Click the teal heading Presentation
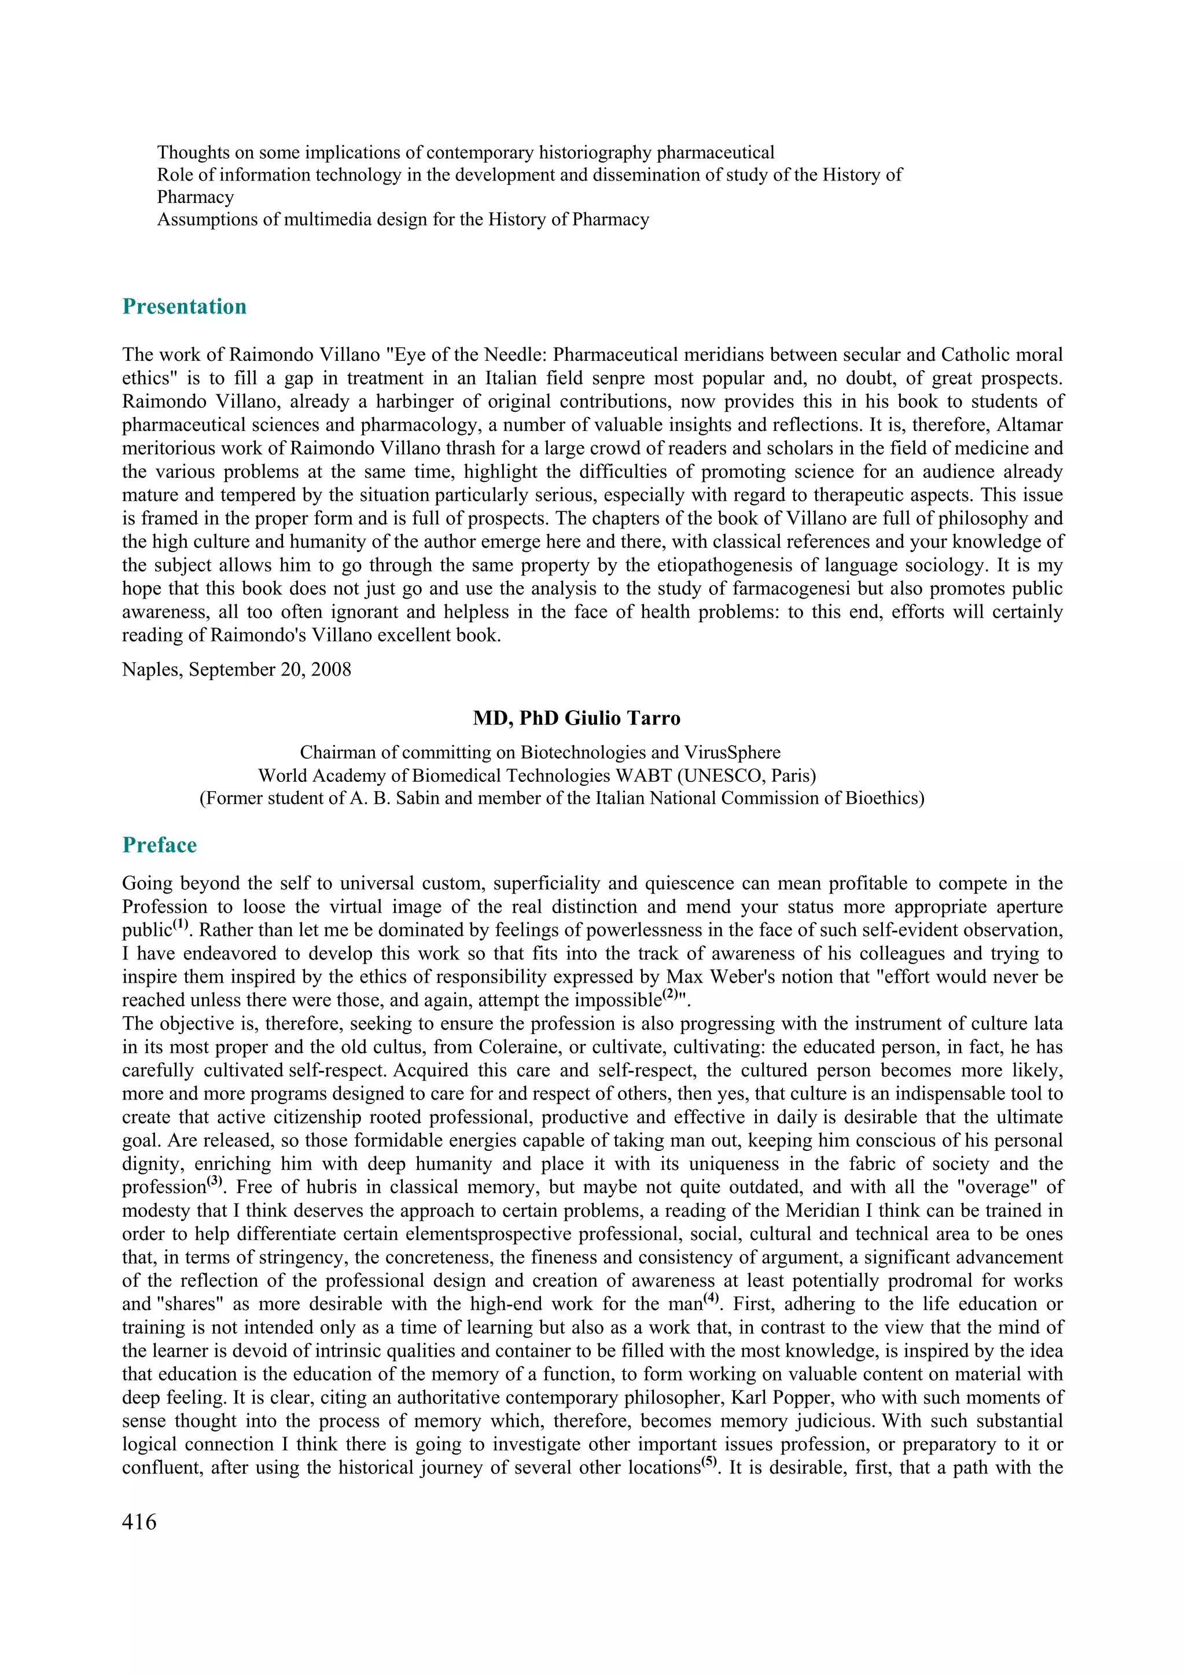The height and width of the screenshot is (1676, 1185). click(x=184, y=307)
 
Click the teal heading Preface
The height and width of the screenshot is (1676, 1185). click(x=159, y=846)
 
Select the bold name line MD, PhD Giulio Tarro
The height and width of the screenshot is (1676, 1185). click(x=576, y=718)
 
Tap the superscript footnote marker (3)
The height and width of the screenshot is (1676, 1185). click(x=214, y=1181)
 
